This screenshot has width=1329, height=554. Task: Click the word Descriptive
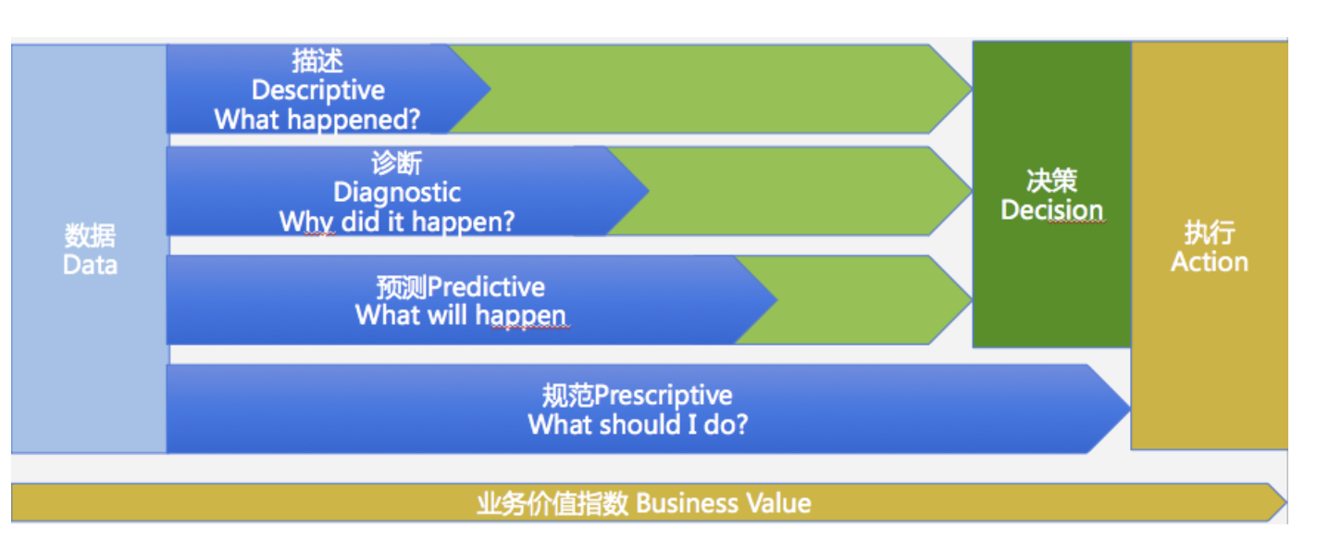click(x=317, y=91)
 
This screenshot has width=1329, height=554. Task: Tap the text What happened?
click(x=317, y=120)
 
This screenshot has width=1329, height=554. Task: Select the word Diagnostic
click(x=397, y=193)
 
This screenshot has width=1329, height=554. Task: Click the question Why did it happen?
click(x=397, y=222)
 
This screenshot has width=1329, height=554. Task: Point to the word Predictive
click(x=487, y=286)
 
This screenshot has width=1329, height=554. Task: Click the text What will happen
click(x=460, y=315)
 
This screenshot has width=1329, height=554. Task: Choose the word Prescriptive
click(x=663, y=396)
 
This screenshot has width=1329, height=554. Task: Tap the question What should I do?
click(x=638, y=425)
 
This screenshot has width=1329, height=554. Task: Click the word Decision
click(x=1051, y=210)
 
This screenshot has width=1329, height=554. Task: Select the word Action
click(x=1209, y=262)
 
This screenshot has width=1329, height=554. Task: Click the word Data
click(x=90, y=265)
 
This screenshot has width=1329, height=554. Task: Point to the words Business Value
click(x=724, y=504)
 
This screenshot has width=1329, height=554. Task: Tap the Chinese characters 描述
click(x=317, y=61)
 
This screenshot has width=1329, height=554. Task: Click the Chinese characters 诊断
click(x=397, y=163)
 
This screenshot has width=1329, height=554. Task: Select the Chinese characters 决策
click(x=1051, y=181)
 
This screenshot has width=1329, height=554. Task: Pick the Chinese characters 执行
click(x=1209, y=233)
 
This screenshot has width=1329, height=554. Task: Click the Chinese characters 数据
click(x=90, y=236)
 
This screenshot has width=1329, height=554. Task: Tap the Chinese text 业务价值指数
click(x=553, y=504)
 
